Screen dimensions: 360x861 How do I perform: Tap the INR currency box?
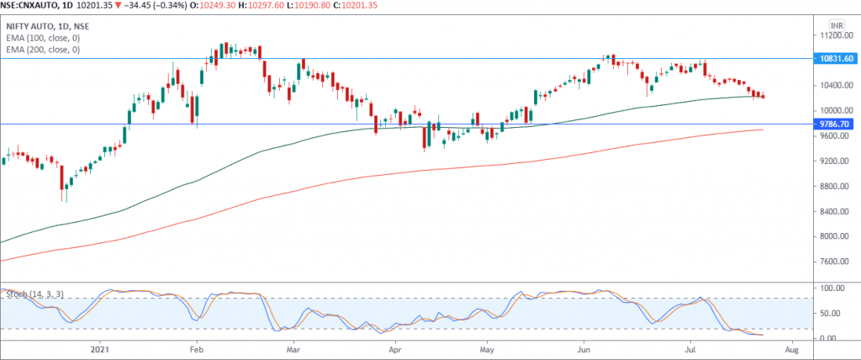(x=837, y=24)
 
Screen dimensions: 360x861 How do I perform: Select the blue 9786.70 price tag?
(x=836, y=124)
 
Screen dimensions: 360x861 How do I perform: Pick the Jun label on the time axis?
(x=584, y=347)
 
